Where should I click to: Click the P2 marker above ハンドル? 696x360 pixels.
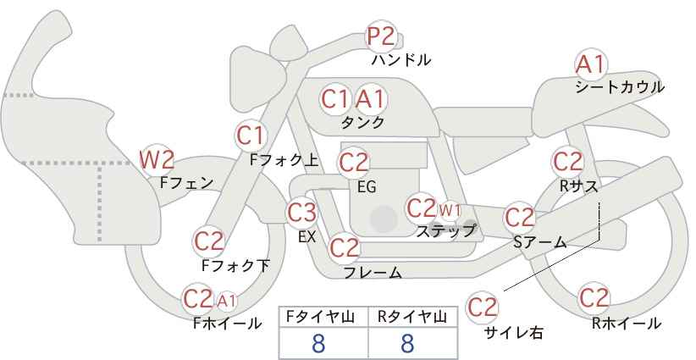tap(381, 36)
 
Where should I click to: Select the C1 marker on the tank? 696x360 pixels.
tap(335, 99)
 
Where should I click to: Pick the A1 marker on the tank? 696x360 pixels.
tap(371, 99)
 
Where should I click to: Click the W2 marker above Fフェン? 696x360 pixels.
tap(157, 160)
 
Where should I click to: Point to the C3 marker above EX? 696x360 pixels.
tap(301, 213)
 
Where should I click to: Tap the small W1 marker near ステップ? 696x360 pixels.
tap(450, 210)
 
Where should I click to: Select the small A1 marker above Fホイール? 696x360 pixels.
tap(226, 302)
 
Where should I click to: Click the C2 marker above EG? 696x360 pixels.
tap(354, 163)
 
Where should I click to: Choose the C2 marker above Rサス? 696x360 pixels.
tap(567, 162)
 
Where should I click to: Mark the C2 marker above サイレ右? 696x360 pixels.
tap(482, 307)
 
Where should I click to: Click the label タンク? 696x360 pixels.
tap(362, 122)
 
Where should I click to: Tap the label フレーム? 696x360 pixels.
tap(373, 272)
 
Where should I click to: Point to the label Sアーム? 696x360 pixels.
tap(540, 242)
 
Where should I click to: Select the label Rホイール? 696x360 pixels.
tap(627, 324)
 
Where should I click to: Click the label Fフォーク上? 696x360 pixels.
tap(284, 160)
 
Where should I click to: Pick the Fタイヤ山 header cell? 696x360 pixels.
tap(323, 318)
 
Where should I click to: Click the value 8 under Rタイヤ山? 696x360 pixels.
tap(407, 344)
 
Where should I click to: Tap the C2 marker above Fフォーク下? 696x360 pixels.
tap(209, 241)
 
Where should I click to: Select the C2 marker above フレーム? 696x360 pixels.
tap(345, 247)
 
